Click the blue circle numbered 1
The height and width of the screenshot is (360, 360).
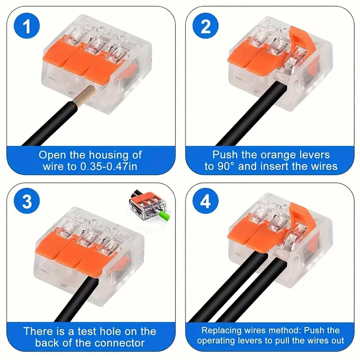[x=27, y=26]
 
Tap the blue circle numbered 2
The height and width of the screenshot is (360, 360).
[x=206, y=26]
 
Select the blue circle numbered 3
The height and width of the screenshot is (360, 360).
[x=27, y=201]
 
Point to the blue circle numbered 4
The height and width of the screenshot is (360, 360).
[x=206, y=201]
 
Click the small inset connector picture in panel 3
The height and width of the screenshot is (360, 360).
[x=150, y=205]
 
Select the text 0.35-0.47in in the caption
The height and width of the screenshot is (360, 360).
[x=108, y=166]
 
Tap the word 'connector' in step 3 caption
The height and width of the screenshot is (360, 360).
[x=119, y=343]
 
